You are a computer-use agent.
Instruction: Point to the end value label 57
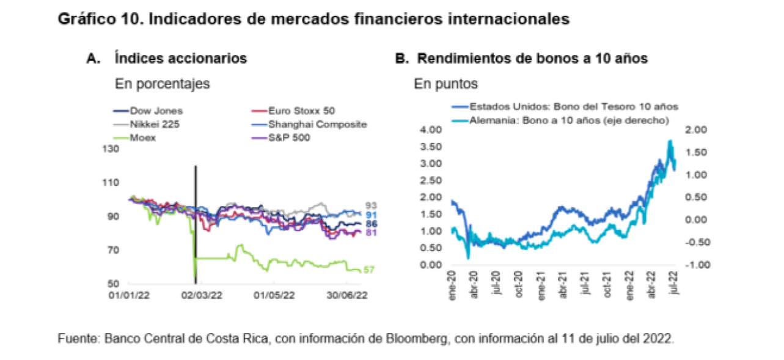(x=369, y=270)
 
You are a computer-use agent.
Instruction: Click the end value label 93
(x=370, y=205)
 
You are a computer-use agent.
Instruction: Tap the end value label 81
(x=370, y=233)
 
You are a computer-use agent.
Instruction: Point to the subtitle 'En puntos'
(x=445, y=83)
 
